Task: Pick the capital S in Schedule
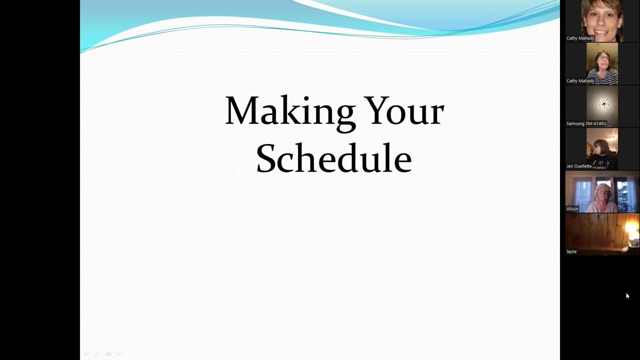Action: click(x=267, y=158)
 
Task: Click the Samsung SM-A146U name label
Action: click(x=586, y=123)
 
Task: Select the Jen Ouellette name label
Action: click(x=578, y=166)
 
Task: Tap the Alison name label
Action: click(x=572, y=209)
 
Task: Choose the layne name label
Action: click(x=571, y=251)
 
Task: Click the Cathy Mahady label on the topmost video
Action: click(x=580, y=38)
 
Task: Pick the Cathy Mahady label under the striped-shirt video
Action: click(x=580, y=81)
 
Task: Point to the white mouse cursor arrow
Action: click(x=627, y=295)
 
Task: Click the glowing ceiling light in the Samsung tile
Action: click(x=604, y=103)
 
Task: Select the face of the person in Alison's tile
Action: click(x=603, y=193)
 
